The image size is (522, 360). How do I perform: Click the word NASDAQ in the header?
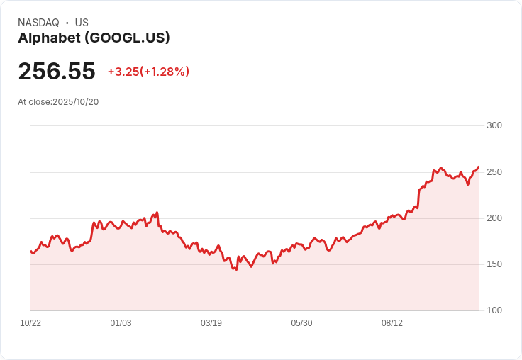click(38, 23)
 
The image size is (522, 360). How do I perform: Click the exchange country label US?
click(82, 23)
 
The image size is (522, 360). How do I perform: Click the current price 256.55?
click(57, 72)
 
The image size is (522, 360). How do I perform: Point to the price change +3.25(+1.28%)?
click(148, 72)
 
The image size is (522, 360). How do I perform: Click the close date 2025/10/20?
click(76, 102)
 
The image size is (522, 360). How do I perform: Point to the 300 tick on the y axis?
click(494, 125)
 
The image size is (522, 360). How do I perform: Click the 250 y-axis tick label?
click(494, 172)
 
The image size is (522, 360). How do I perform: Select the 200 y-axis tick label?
click(494, 218)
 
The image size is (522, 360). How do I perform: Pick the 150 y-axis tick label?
click(494, 264)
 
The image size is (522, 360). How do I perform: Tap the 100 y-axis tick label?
click(494, 310)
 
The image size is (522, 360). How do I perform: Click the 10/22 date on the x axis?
click(30, 323)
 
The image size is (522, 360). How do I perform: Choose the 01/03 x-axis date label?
click(121, 323)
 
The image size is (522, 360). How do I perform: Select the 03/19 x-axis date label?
click(211, 323)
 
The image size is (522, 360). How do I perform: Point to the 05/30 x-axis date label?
click(301, 323)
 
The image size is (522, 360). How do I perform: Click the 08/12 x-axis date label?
click(392, 323)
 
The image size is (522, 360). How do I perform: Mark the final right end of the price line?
click(479, 167)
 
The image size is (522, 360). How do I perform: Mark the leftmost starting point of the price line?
click(30, 251)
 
